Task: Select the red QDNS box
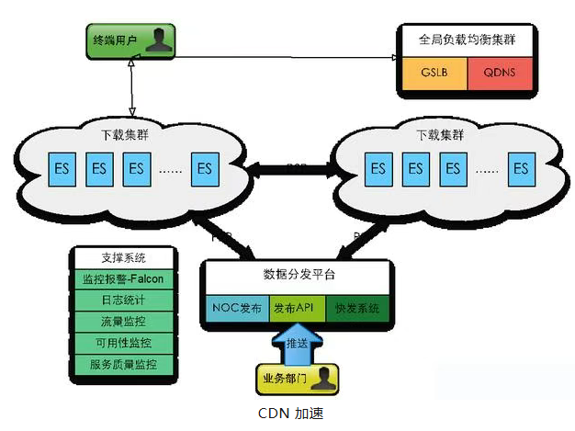click(x=500, y=73)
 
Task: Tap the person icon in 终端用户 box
click(x=160, y=40)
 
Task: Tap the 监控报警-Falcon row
click(x=124, y=278)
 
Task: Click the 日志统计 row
click(x=124, y=300)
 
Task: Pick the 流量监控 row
click(x=124, y=322)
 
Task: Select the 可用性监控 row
click(x=124, y=343)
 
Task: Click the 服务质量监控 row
click(x=124, y=365)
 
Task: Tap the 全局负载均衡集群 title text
click(x=468, y=40)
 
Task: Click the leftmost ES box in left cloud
click(x=62, y=168)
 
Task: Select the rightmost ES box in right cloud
click(x=521, y=168)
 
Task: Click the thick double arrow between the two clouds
click(x=295, y=168)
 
